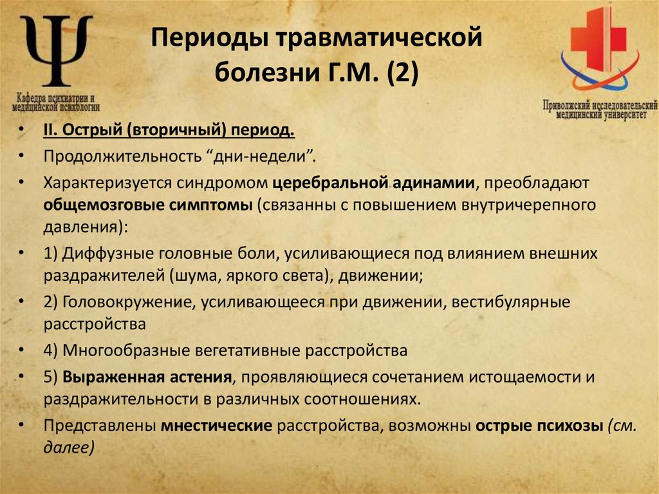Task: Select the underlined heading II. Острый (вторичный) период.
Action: [x=169, y=131]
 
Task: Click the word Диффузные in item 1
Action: [x=103, y=254]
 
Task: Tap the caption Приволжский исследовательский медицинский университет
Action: [x=599, y=108]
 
